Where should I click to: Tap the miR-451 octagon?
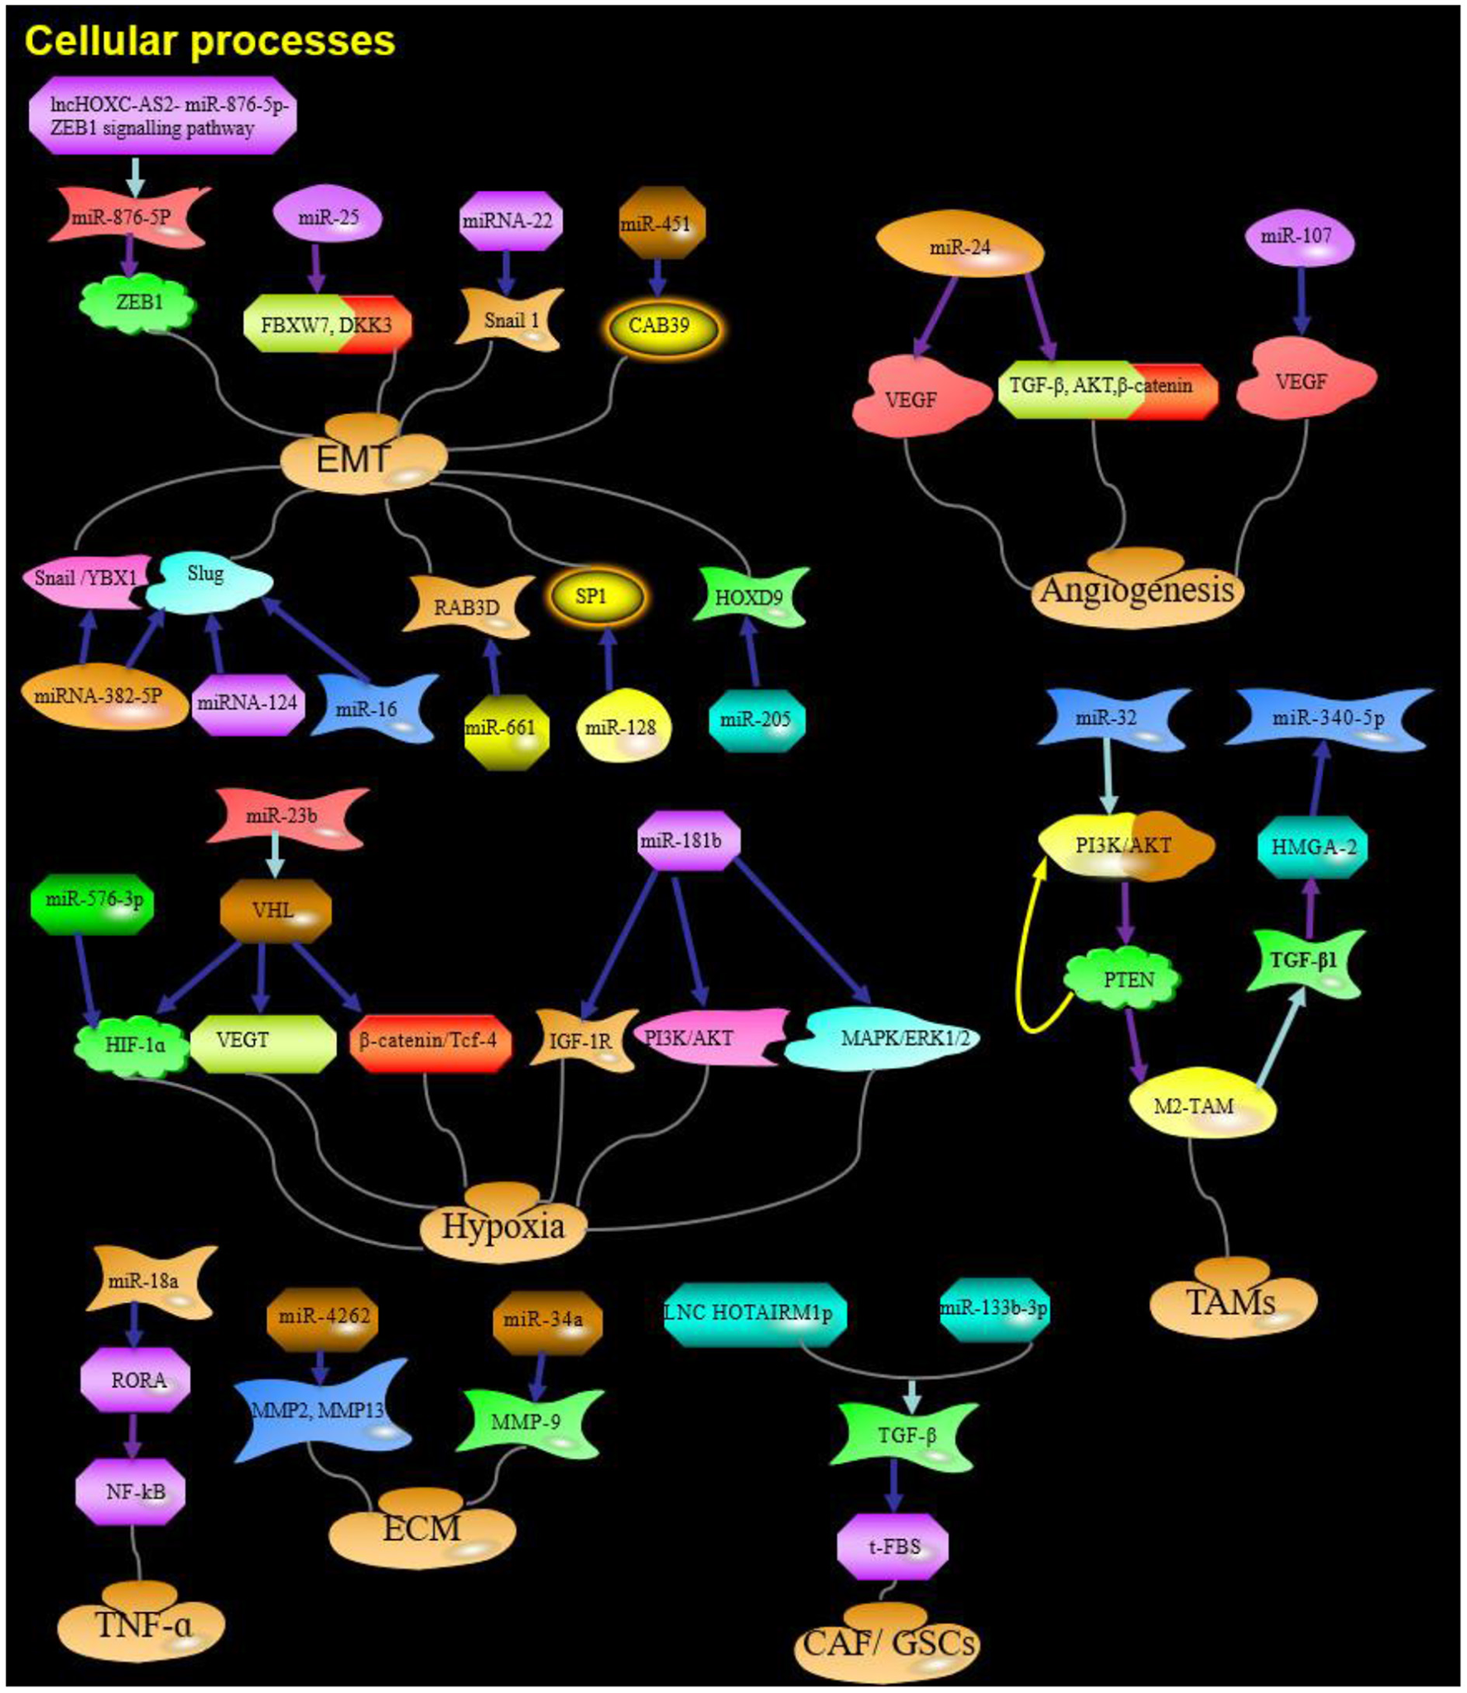coord(661,224)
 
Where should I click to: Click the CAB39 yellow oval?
coord(659,325)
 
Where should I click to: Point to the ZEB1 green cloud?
coord(139,303)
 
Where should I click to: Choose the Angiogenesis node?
coord(1137,591)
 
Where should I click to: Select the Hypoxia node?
coord(503,1226)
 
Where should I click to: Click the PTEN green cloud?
coord(1128,980)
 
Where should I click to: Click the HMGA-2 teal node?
coord(1312,847)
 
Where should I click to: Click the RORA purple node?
coord(137,1380)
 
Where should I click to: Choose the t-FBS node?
coord(892,1546)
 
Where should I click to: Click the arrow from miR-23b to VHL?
coord(274,855)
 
